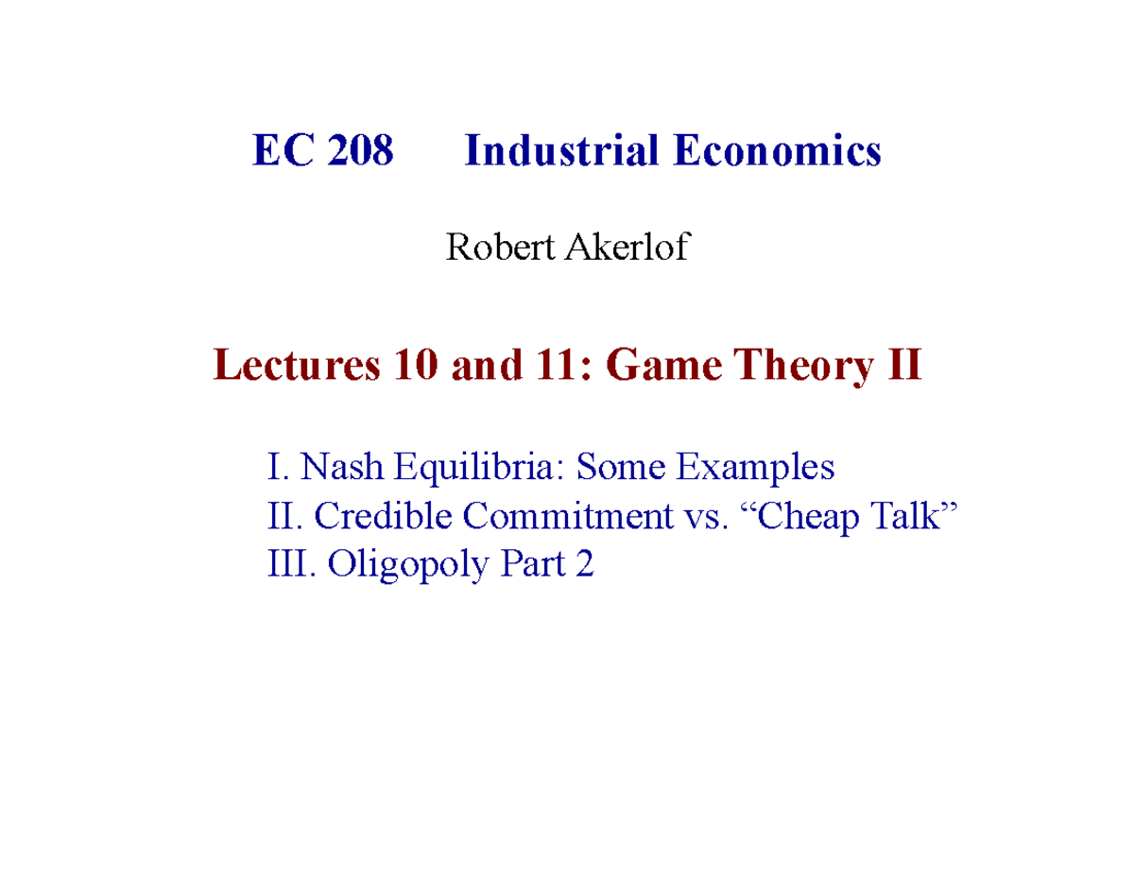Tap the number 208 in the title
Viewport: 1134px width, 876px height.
click(x=360, y=152)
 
